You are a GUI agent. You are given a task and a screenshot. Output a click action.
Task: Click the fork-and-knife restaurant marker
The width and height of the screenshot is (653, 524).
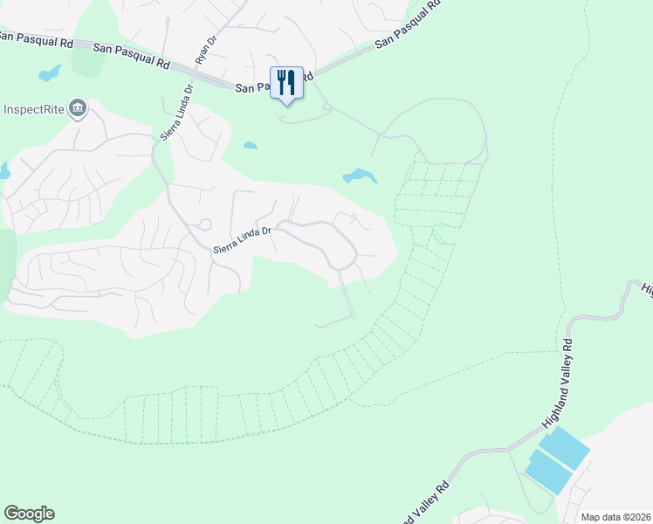point(286,84)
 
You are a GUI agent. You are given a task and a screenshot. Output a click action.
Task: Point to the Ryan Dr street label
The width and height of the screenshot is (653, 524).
point(205,50)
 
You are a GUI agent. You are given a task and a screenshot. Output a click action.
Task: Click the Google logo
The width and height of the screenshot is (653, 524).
point(29,514)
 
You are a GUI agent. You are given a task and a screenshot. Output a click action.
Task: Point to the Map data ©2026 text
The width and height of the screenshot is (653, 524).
point(615,517)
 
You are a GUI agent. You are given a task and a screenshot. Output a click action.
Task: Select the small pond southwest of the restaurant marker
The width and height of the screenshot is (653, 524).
point(251,145)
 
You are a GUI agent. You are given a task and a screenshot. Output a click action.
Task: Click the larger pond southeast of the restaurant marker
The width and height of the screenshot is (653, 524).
point(360,177)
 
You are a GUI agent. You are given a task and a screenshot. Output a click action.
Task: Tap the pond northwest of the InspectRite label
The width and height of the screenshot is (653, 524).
point(50,72)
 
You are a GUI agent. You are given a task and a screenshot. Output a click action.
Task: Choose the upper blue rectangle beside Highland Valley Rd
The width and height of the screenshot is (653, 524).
point(564,449)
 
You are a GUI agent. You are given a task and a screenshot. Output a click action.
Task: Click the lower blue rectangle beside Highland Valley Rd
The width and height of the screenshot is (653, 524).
point(547,474)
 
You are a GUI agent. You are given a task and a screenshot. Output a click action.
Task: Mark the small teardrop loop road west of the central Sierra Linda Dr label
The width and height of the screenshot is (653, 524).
point(204,224)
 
